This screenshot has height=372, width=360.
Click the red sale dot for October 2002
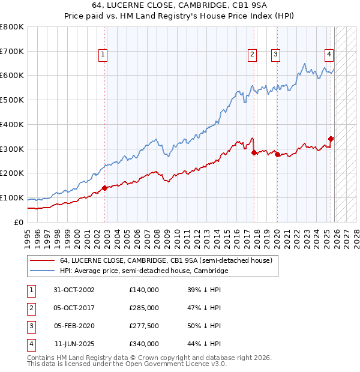[x=104, y=188]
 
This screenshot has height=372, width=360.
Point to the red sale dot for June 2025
[x=331, y=139]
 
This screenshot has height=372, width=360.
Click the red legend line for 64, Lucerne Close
[x=41, y=260]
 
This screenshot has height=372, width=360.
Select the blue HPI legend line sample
[x=41, y=271]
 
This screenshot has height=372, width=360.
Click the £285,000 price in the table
[x=144, y=308]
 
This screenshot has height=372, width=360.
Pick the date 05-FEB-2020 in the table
[x=74, y=326]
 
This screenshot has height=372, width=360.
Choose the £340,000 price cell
[x=144, y=344]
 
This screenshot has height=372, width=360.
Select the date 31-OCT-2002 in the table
[x=74, y=290]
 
